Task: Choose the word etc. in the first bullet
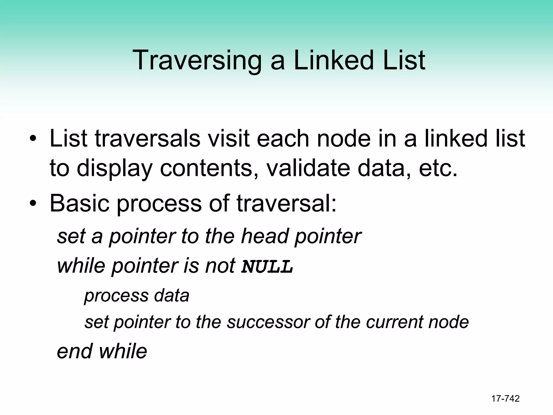point(438,168)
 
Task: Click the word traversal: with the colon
point(287,203)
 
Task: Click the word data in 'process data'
point(171,295)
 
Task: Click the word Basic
point(80,203)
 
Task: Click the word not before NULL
point(220,266)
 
